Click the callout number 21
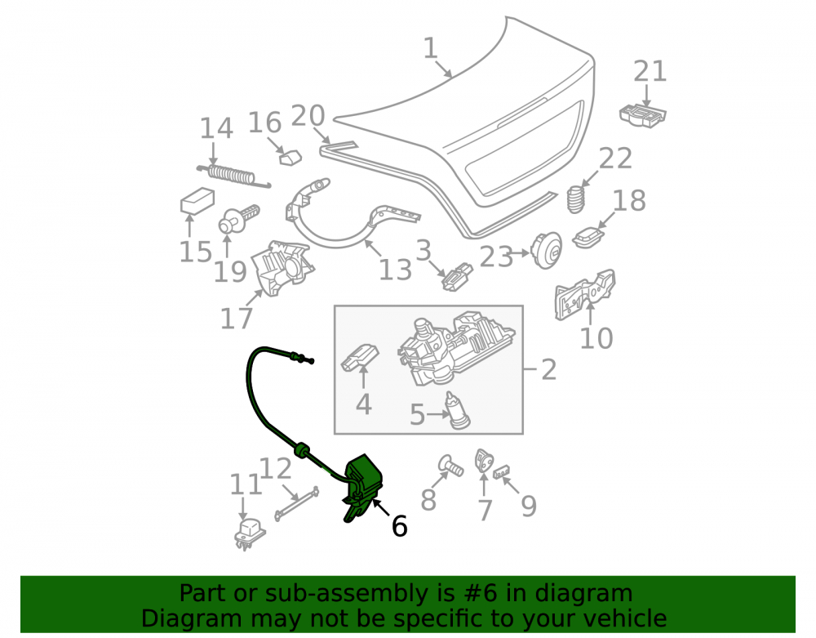tap(650, 71)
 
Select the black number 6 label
tap(399, 526)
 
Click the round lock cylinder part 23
tap(546, 251)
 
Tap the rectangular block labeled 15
tap(197, 200)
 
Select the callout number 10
tap(596, 338)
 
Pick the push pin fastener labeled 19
tap(237, 219)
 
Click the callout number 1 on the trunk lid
tap(431, 48)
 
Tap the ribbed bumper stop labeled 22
tap(576, 199)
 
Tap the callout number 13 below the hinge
tap(395, 270)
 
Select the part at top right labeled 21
tap(643, 115)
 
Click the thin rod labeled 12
tap(297, 502)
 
